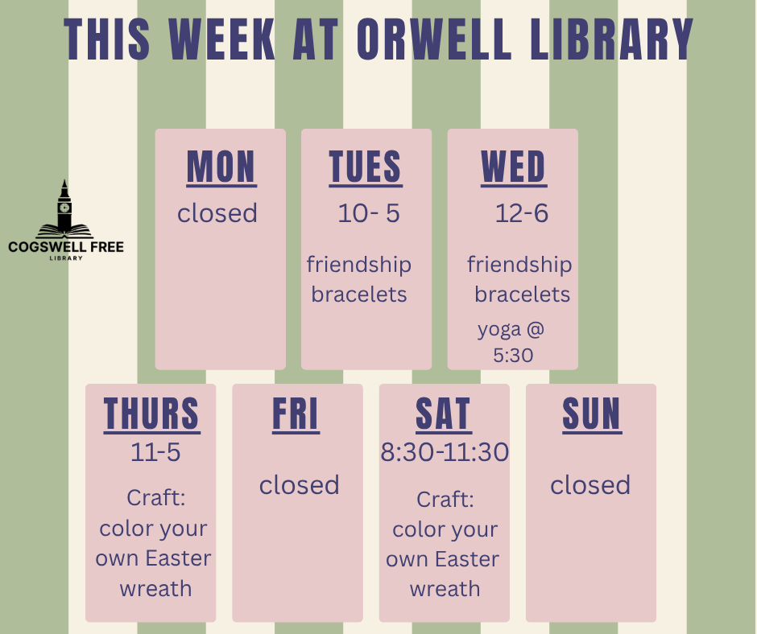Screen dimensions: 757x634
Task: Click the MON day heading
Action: click(221, 167)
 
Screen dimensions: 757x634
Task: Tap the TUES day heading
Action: click(366, 167)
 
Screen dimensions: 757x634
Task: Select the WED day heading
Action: click(513, 167)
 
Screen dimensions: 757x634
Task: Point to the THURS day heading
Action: click(151, 414)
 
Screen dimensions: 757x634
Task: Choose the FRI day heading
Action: click(296, 414)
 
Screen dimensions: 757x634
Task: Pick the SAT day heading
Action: click(443, 414)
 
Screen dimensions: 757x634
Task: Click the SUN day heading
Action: click(592, 414)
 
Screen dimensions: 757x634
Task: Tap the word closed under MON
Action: click(217, 212)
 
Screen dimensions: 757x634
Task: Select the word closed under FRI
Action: click(300, 484)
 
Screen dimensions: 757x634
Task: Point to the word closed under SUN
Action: click(590, 484)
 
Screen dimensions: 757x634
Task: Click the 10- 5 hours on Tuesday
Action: click(369, 212)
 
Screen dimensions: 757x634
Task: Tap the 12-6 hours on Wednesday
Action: click(522, 212)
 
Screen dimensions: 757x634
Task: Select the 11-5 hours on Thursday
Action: click(155, 452)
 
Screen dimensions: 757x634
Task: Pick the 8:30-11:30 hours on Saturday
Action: click(445, 452)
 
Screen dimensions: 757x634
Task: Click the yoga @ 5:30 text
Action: click(511, 342)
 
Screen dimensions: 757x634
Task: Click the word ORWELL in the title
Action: click(434, 39)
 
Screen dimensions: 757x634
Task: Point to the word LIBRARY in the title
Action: click(612, 39)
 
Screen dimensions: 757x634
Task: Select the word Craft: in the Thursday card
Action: click(156, 497)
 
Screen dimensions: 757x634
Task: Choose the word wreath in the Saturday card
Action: click(445, 589)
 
